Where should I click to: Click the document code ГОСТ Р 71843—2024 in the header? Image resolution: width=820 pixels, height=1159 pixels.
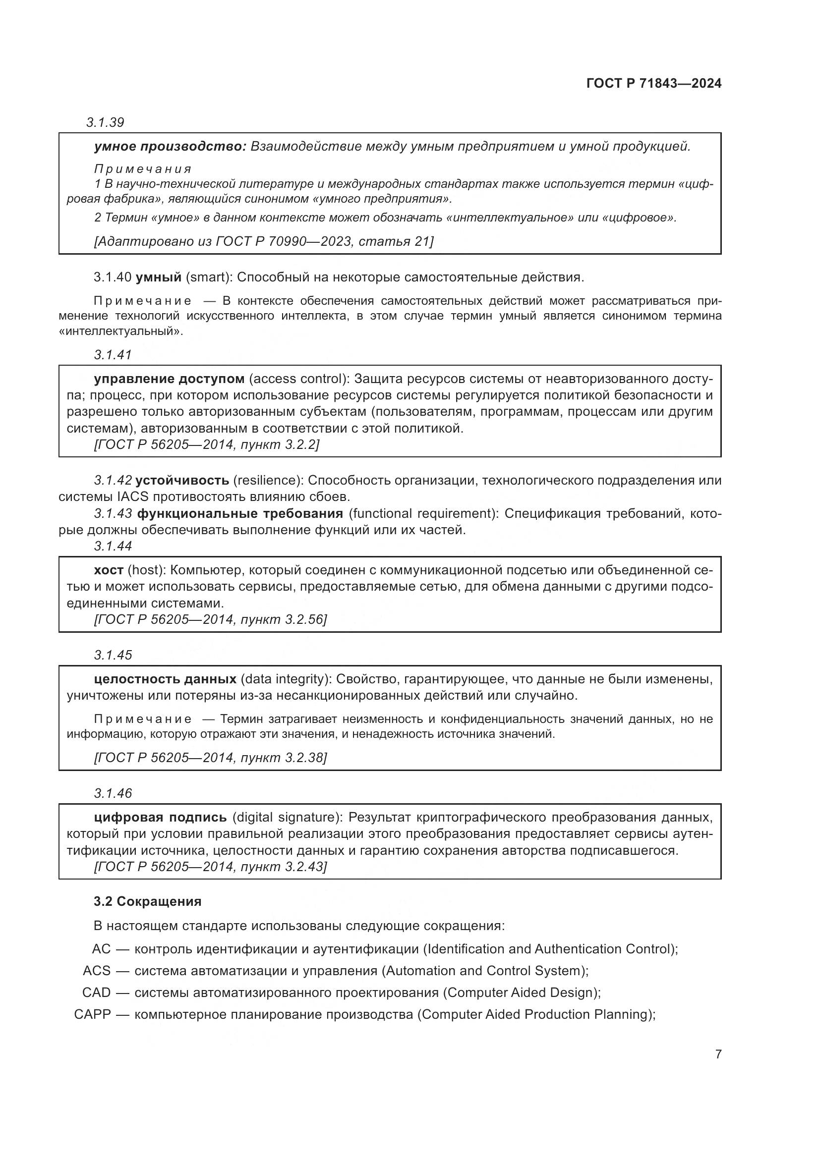click(x=653, y=83)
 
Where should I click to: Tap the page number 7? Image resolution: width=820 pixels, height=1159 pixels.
click(x=718, y=1054)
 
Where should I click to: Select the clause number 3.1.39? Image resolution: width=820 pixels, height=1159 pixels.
click(x=105, y=122)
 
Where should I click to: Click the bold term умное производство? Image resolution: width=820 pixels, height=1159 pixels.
click(x=170, y=146)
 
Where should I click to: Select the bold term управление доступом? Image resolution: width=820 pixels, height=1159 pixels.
click(x=169, y=379)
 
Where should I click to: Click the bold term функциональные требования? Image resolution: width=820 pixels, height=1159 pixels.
click(x=240, y=514)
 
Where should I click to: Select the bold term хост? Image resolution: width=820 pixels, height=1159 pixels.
click(x=109, y=570)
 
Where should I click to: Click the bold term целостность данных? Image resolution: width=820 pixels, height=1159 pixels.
click(x=165, y=679)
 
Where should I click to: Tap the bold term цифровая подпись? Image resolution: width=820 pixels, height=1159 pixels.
click(x=160, y=817)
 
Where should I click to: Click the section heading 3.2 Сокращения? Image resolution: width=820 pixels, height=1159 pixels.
click(x=147, y=901)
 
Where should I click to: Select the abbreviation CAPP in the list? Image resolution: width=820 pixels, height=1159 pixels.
click(x=92, y=1015)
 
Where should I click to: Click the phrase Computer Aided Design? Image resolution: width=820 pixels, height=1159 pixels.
click(x=519, y=993)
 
